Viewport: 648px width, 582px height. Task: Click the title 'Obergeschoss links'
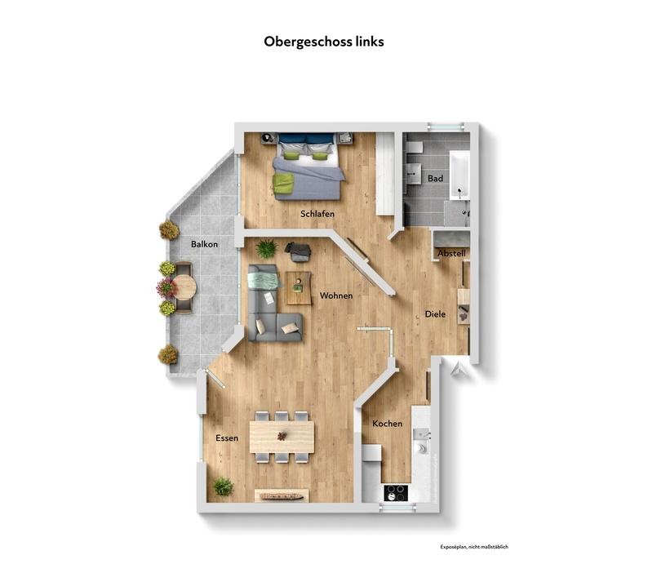323,41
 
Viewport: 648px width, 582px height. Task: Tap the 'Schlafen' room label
317,214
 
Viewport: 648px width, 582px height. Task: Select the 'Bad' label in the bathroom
435,178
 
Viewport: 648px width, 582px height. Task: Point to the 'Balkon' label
204,244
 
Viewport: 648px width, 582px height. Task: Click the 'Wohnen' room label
336,295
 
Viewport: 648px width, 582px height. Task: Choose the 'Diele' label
435,314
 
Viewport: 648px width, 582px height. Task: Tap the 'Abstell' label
451,254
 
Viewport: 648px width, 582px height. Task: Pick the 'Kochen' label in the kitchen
387,424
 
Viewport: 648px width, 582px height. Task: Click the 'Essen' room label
227,438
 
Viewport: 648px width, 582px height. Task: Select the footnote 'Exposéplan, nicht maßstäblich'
473,547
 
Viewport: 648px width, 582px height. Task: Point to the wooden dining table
282,436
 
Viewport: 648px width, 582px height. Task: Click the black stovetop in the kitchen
397,492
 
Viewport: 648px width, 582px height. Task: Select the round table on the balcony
184,287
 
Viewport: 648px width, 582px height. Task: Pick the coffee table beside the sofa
299,287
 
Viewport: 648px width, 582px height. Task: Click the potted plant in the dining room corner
223,486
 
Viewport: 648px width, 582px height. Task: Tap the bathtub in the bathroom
459,175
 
